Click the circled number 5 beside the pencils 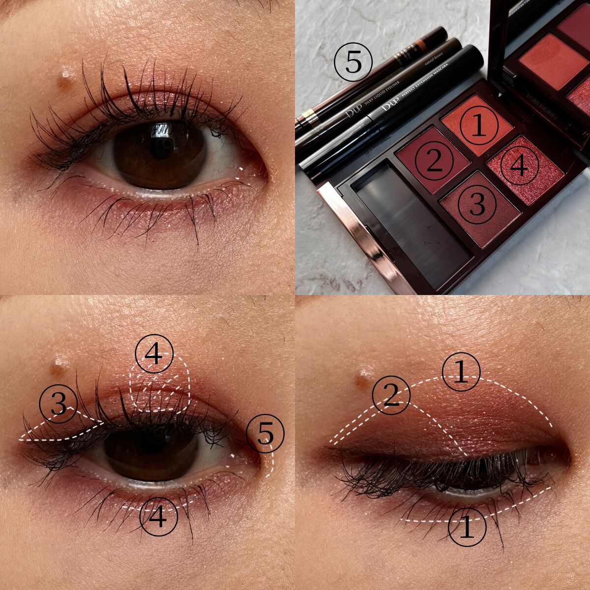pyautogui.click(x=353, y=63)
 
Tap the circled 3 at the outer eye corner pyautogui.click(x=59, y=404)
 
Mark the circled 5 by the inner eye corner pyautogui.click(x=265, y=433)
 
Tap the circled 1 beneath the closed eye pyautogui.click(x=467, y=528)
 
